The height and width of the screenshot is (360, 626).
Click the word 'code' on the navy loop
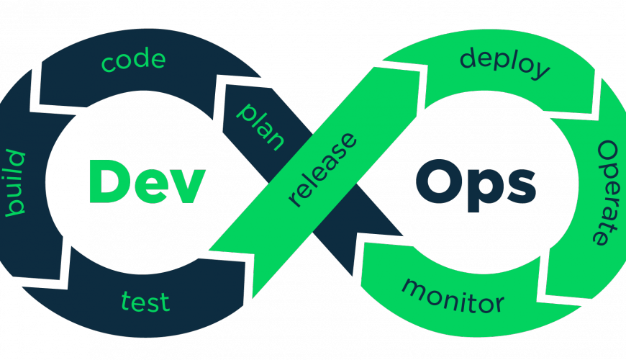tap(133, 60)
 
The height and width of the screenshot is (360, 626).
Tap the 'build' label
tap(16, 183)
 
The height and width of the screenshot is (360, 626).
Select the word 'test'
tap(145, 302)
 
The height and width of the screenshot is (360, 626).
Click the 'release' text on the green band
tap(322, 170)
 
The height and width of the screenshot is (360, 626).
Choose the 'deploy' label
tap(505, 63)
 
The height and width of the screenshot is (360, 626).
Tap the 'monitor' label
tap(453, 296)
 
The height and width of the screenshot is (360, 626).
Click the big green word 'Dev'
tap(147, 181)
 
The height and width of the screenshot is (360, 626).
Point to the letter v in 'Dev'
tap(187, 186)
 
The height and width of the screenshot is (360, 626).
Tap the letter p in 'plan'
tap(245, 112)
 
